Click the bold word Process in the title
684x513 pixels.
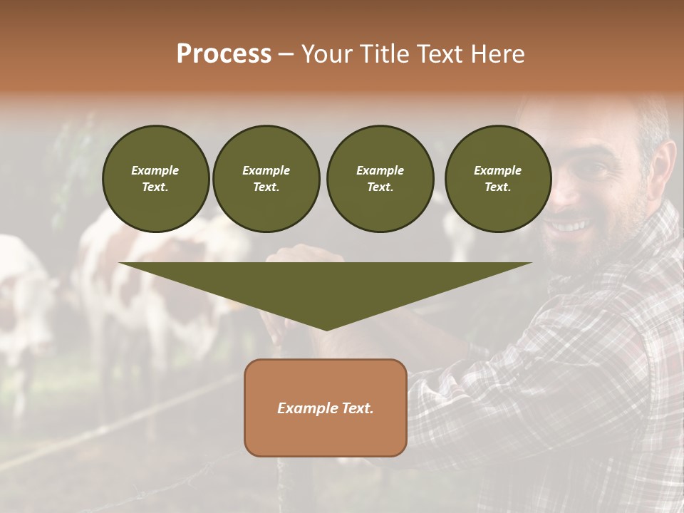(x=224, y=54)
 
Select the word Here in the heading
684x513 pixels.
(x=498, y=54)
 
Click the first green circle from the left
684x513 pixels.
(x=155, y=179)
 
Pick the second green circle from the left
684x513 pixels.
(x=266, y=179)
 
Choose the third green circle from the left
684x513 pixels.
(x=380, y=179)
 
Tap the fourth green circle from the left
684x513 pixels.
(x=497, y=179)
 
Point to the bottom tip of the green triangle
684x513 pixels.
(x=326, y=328)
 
